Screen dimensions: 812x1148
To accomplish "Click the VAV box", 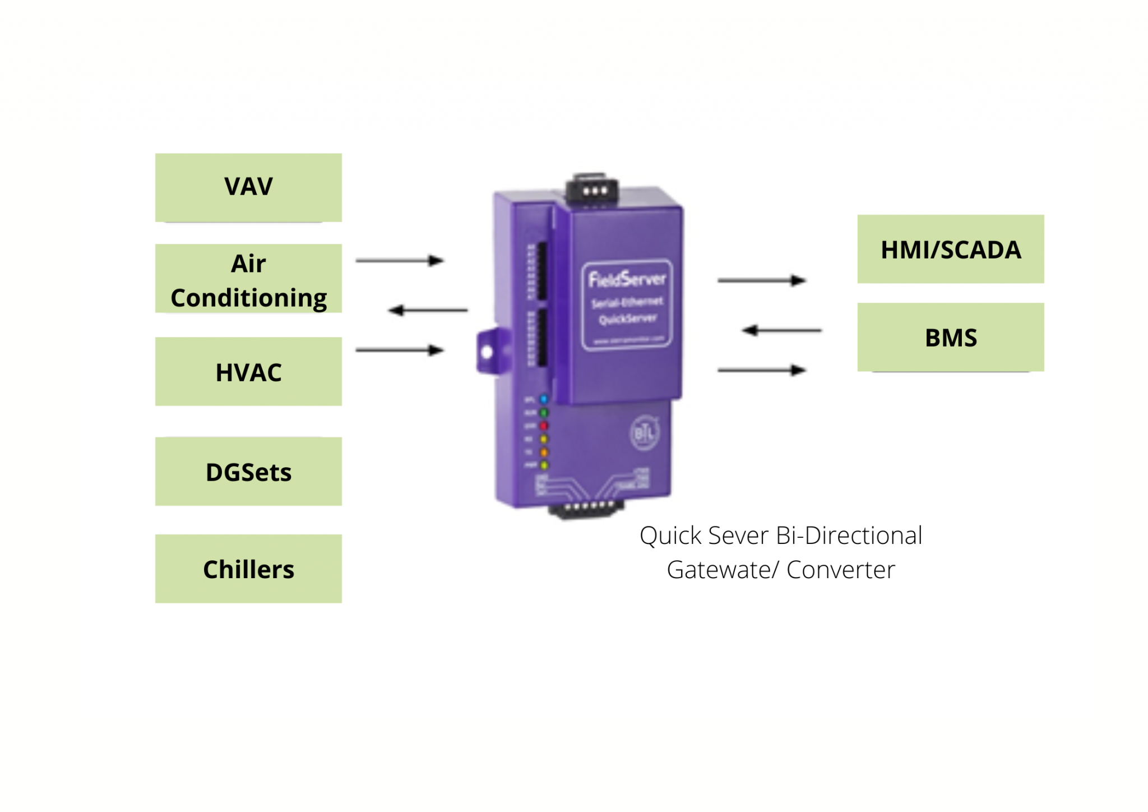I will (248, 187).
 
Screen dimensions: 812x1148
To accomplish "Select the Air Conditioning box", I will (248, 279).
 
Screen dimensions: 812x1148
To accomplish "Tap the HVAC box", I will (248, 371).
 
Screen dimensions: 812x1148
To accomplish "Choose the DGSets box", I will (248, 471).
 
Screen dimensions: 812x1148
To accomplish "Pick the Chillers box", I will (248, 568).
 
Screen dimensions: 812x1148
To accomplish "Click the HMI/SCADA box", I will (950, 249).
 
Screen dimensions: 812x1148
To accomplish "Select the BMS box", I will (950, 337).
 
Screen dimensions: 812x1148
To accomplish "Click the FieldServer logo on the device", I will (627, 279).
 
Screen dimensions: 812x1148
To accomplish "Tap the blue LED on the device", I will (544, 399).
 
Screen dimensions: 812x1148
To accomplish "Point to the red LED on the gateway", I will (544, 426).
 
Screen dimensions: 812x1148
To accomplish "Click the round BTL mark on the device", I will (645, 432).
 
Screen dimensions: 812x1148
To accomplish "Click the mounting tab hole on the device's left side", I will (487, 352).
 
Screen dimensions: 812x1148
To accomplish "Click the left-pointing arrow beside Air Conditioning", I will (427, 310).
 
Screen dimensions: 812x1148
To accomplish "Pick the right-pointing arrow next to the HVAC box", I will (400, 350).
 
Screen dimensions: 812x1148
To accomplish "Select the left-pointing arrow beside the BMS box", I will (781, 330).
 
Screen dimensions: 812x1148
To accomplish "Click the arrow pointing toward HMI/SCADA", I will (762, 280).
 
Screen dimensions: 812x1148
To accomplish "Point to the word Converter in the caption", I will (840, 570).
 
